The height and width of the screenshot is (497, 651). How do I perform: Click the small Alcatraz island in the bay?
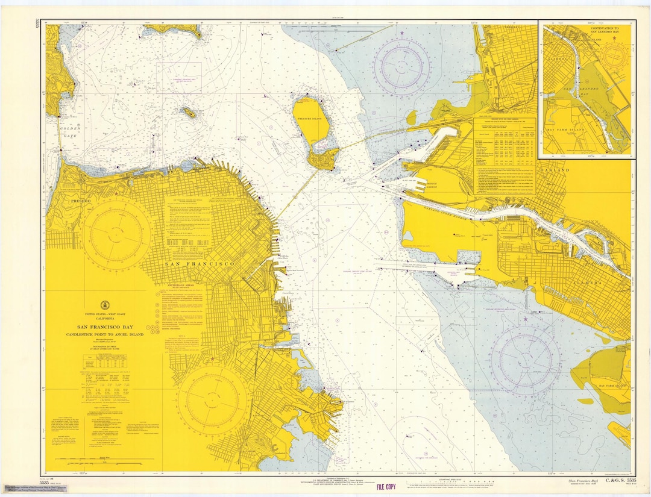pyautogui.click(x=189, y=113)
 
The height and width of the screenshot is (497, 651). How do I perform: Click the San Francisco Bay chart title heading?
pyautogui.click(x=105, y=326)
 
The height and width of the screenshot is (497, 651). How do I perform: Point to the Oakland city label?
pyautogui.click(x=553, y=170)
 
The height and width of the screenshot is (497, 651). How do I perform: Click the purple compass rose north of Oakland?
pyautogui.click(x=401, y=65)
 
